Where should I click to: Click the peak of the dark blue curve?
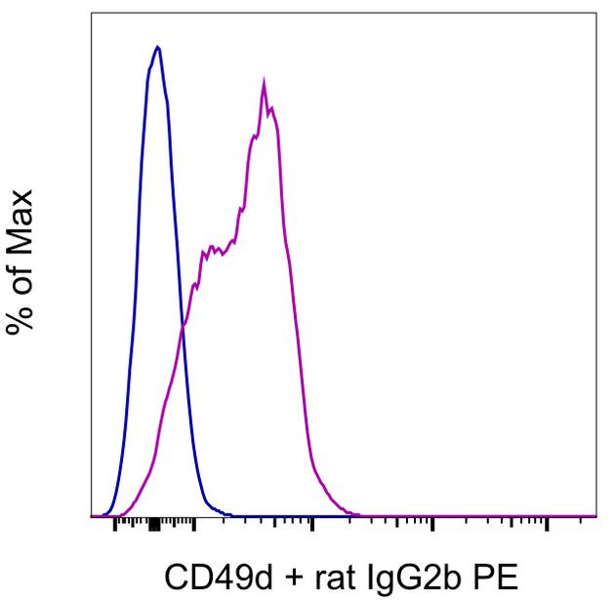[x=157, y=46]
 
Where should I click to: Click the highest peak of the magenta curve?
[x=264, y=82]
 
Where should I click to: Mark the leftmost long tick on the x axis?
[x=115, y=525]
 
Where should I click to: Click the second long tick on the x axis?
[x=194, y=525]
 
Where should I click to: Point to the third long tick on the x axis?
[x=311, y=525]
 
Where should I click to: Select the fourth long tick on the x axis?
[x=431, y=525]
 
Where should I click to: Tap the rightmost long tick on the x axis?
[x=547, y=525]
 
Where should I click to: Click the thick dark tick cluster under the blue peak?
[x=153, y=525]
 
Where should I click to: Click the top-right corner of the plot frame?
[x=595, y=14]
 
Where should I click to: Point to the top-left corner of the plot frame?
[x=91, y=14]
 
